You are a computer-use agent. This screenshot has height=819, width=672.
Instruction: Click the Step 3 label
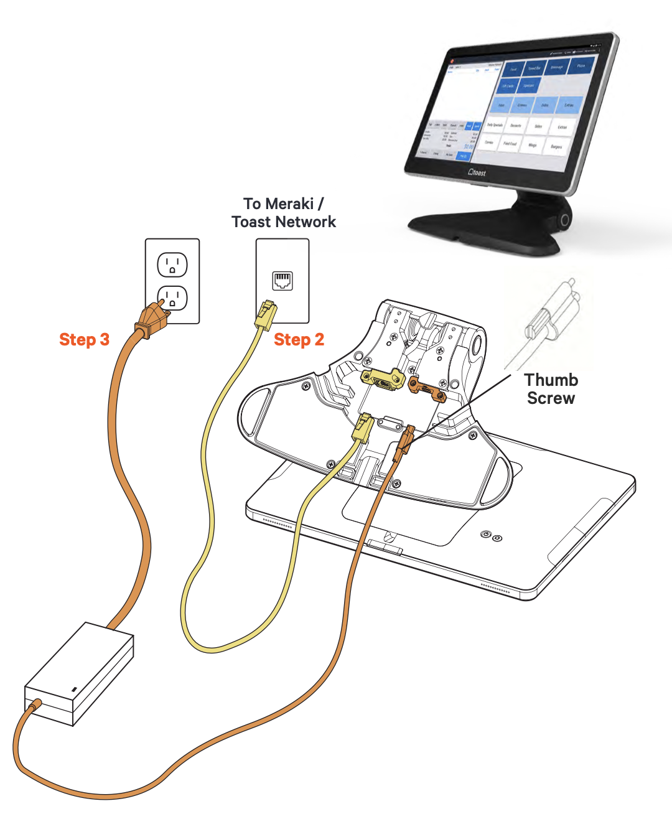(x=84, y=340)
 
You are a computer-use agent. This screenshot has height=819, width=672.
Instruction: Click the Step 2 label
(x=299, y=340)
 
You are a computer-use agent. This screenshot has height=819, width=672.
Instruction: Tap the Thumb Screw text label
(x=551, y=389)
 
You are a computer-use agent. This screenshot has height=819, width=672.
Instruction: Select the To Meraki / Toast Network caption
(x=284, y=213)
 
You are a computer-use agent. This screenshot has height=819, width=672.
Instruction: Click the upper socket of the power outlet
(x=172, y=264)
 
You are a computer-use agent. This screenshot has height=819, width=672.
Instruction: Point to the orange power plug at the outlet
(x=151, y=319)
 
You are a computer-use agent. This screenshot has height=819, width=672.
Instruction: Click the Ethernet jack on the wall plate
(x=282, y=281)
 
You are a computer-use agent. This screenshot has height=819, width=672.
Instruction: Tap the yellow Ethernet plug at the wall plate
(x=265, y=314)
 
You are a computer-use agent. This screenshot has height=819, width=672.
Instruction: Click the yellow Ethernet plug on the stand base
(x=362, y=428)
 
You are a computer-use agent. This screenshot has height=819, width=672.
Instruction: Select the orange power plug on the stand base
(x=404, y=442)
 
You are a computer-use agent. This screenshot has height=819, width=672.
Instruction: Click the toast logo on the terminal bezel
(x=477, y=172)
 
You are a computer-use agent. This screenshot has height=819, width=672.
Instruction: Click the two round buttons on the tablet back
(x=492, y=536)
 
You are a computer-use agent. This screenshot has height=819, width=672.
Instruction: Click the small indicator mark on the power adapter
(x=74, y=690)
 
